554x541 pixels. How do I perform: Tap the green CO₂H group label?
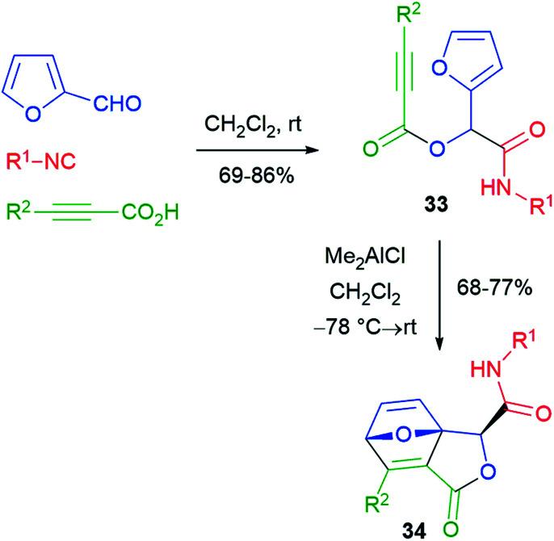151,214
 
